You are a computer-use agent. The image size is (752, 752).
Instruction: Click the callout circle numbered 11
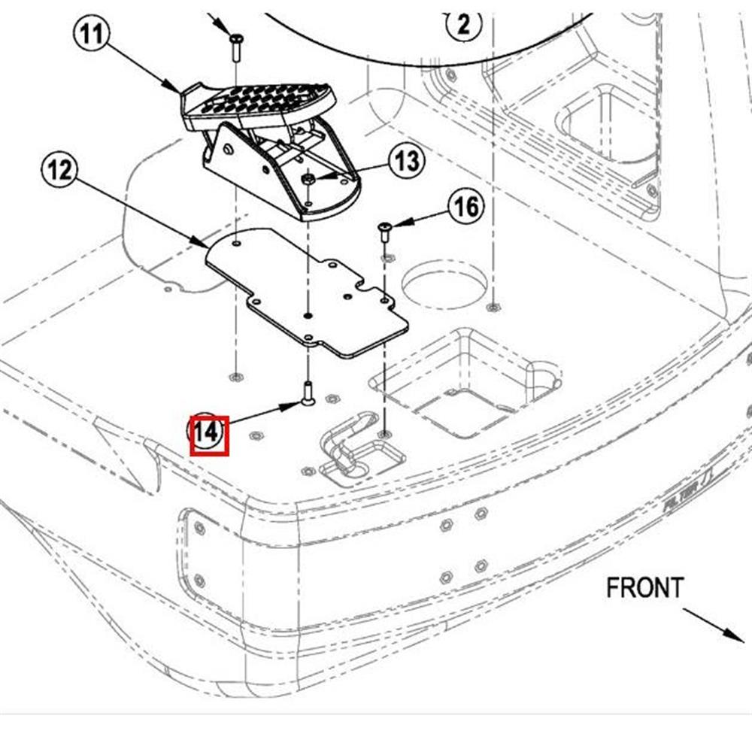[x=92, y=35]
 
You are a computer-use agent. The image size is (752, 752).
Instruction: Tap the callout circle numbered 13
[x=406, y=160]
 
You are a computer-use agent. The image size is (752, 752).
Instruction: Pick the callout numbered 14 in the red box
[x=208, y=435]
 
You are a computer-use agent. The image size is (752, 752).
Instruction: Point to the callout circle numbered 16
[x=466, y=205]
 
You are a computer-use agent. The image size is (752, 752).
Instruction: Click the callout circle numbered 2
[x=464, y=26]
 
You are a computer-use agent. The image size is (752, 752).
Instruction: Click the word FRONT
[x=645, y=587]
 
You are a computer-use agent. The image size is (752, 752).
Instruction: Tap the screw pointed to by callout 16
[x=384, y=230]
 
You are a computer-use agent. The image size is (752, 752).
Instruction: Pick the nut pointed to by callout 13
[x=308, y=179]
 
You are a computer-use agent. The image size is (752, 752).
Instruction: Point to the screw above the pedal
[x=235, y=42]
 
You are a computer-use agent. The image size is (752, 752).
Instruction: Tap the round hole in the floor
[x=444, y=285]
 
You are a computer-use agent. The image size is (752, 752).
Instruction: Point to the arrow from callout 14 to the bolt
[x=263, y=415]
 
